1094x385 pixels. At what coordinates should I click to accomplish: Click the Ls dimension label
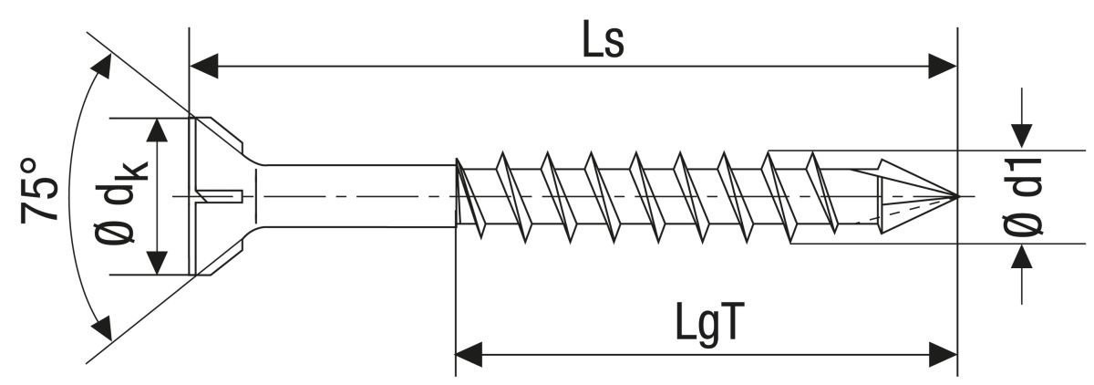604,41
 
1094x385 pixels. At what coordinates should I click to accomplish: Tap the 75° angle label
41,190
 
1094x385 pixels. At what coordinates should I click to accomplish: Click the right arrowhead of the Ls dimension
943,66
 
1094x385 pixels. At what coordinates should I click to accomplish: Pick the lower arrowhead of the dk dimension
159,262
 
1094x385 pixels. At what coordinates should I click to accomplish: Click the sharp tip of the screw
955,195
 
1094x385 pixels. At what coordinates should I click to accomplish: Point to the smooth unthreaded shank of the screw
356,195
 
